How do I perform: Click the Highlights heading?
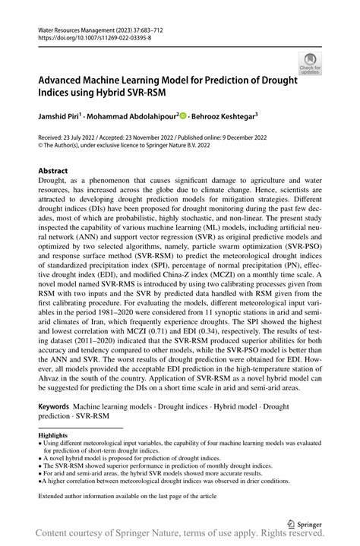(x=52, y=435)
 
